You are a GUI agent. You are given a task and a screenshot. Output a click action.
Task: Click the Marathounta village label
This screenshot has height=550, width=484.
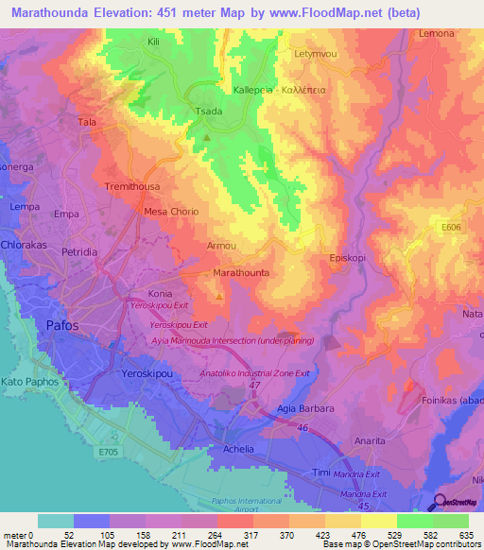pyautogui.click(x=241, y=272)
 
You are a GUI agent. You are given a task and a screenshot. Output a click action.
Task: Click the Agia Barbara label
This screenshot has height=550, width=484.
pyautogui.click(x=302, y=409)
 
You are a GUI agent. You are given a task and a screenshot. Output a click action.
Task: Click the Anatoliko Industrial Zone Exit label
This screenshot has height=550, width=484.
pyautogui.click(x=255, y=373)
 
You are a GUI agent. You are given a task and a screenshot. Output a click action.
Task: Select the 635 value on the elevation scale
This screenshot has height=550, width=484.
pyautogui.click(x=463, y=535)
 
